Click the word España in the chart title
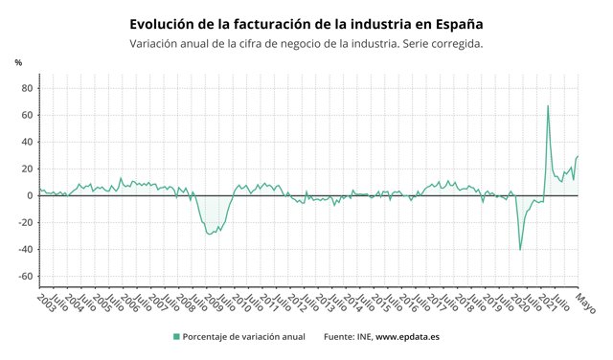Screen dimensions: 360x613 (x=456, y=22)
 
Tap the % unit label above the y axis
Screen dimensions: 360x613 (x=18, y=63)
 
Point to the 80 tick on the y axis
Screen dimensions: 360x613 (x=27, y=88)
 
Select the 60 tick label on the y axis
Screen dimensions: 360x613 (x=27, y=115)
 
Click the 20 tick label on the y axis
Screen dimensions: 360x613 (x=27, y=169)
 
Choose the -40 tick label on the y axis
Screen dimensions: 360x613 (x=25, y=249)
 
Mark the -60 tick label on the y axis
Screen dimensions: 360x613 (x=25, y=276)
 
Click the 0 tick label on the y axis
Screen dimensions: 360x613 (x=30, y=195)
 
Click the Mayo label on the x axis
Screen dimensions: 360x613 (x=585, y=301)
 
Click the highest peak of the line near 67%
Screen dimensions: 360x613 (x=548, y=106)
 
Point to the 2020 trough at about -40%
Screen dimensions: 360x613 (x=520, y=249)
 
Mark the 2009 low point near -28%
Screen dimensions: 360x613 (x=211, y=234)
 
